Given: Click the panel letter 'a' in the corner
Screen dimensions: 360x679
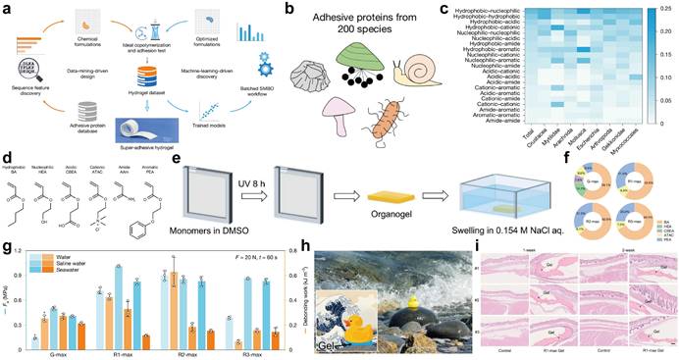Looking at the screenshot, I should click(x=6, y=7).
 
